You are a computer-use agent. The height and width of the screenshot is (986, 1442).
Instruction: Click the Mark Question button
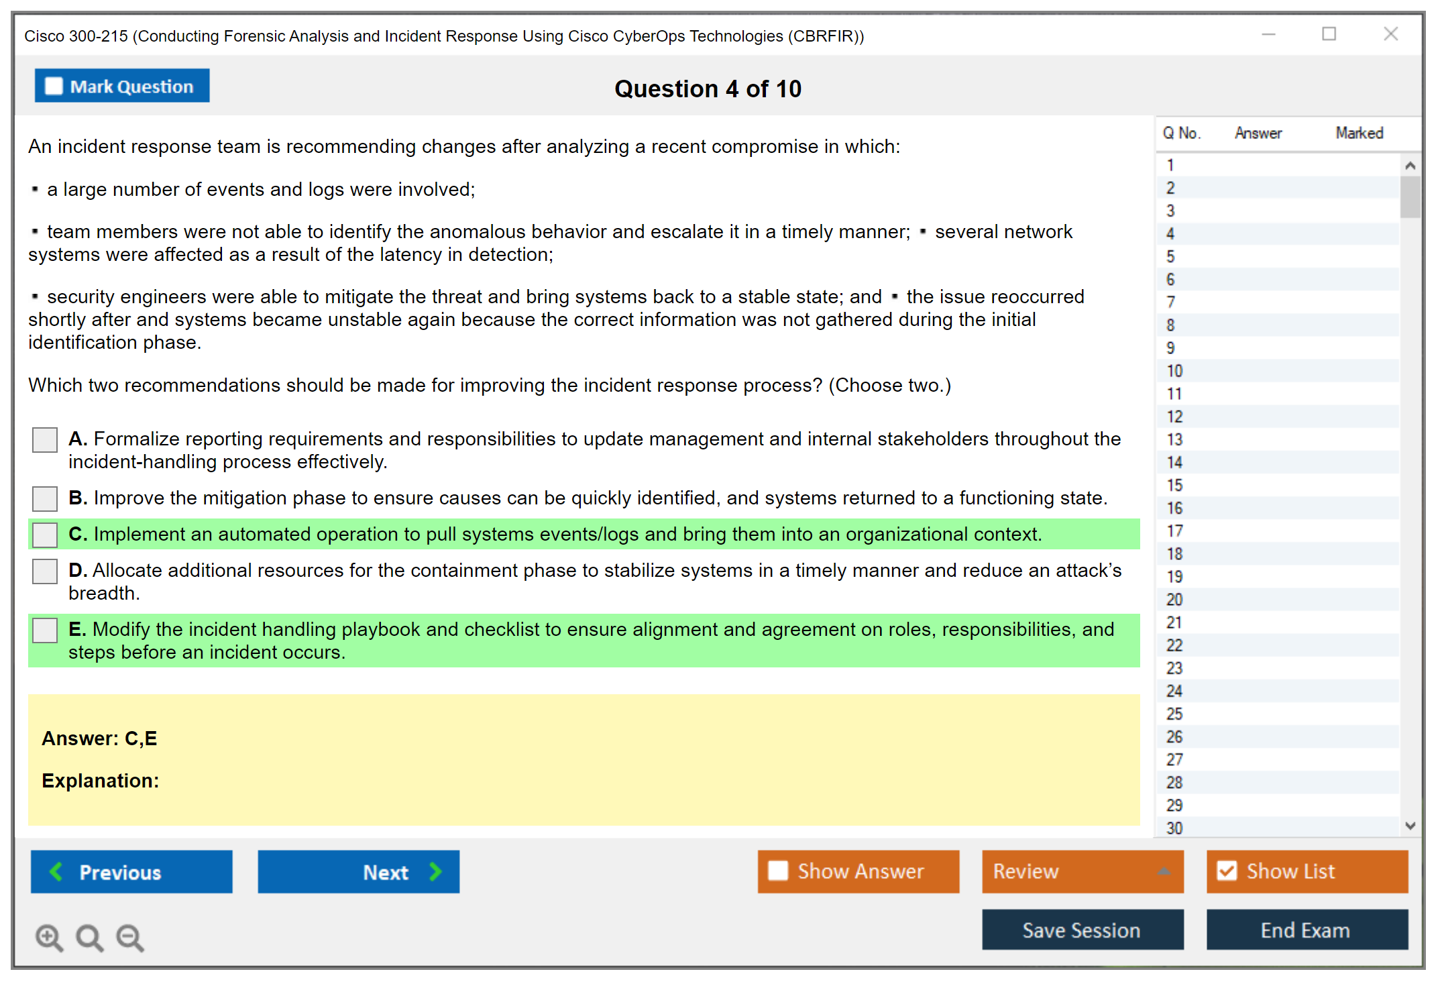pyautogui.click(x=122, y=86)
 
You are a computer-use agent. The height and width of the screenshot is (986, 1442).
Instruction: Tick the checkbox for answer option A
pyautogui.click(x=45, y=440)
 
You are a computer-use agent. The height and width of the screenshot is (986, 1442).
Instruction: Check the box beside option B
pyautogui.click(x=45, y=498)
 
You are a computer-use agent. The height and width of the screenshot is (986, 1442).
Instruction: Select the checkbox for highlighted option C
pyautogui.click(x=45, y=535)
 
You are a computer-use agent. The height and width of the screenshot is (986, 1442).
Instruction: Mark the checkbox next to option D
pyautogui.click(x=45, y=571)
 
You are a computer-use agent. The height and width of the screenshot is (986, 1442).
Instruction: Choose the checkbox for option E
pyautogui.click(x=45, y=630)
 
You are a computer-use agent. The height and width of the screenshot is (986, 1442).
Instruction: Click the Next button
pyautogui.click(x=358, y=871)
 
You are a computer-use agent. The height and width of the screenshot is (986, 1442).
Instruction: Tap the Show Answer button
pyautogui.click(x=858, y=871)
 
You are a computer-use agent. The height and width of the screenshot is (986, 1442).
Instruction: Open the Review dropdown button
pyautogui.click(x=1082, y=871)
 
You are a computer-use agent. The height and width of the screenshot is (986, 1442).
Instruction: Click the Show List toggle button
pyautogui.click(x=1307, y=871)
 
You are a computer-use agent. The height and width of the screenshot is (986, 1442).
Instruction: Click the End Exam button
pyautogui.click(x=1307, y=930)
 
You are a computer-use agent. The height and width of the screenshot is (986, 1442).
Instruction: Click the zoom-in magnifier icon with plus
pyautogui.click(x=49, y=937)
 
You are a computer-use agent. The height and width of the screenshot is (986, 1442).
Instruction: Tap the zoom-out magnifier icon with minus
pyautogui.click(x=130, y=937)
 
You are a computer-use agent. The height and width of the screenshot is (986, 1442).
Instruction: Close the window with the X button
pyautogui.click(x=1390, y=34)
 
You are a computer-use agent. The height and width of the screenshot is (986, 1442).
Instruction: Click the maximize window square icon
pyautogui.click(x=1329, y=34)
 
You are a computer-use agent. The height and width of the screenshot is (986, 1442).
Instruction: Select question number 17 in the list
pyautogui.click(x=1174, y=531)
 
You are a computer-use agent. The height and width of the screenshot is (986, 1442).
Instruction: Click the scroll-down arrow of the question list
pyautogui.click(x=1410, y=826)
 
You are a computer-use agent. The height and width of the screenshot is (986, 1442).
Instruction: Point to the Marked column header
pyautogui.click(x=1359, y=133)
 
